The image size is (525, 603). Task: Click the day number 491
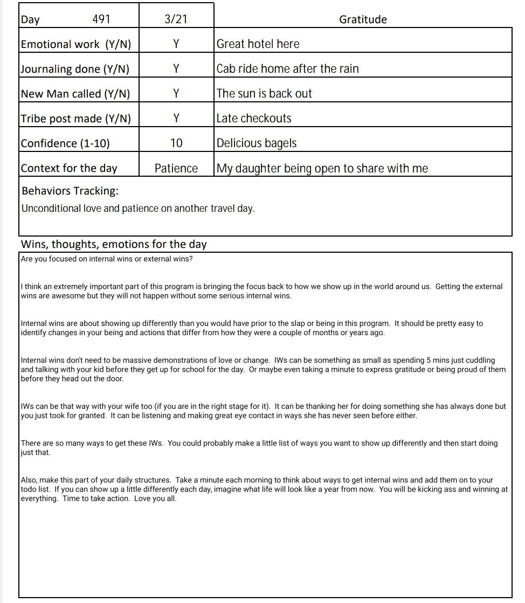coord(101,19)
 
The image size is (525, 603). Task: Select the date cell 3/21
coord(176,19)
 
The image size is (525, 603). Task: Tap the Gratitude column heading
coord(363,19)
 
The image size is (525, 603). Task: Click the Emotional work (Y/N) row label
coord(75,44)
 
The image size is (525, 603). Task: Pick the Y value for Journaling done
coord(176,69)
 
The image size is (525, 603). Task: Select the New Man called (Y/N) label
coord(75,94)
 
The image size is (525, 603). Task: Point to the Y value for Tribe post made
coord(176,119)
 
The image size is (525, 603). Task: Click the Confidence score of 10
coord(176,143)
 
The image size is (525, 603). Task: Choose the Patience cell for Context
coord(176,168)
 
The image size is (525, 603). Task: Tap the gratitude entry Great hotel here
coord(258,44)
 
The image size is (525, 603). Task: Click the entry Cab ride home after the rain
coord(287,69)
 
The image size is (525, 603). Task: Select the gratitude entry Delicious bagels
coord(257,143)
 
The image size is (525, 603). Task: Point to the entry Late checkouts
coord(254,119)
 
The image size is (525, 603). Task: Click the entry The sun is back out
coord(264,94)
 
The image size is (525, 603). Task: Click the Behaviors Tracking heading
coord(70,191)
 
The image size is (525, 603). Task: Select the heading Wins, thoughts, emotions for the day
coord(114,244)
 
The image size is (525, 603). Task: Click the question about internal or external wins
coord(107,259)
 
